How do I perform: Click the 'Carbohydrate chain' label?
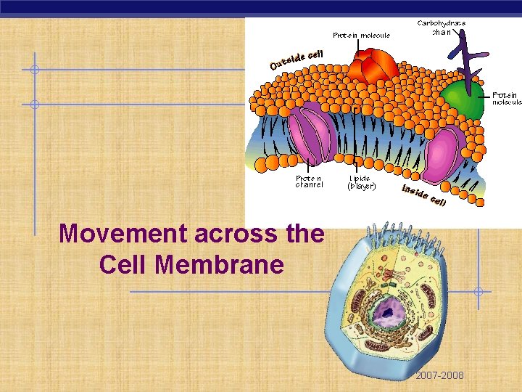click(442, 27)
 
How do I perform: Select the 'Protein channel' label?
click(309, 181)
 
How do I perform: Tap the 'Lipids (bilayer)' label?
click(361, 181)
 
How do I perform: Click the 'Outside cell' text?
click(296, 60)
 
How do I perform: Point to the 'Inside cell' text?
click(424, 194)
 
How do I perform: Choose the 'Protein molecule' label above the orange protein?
click(361, 35)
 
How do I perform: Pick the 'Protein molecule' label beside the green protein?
click(507, 98)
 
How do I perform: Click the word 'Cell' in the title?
click(124, 264)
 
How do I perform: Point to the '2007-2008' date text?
click(439, 375)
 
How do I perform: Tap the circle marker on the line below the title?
click(478, 292)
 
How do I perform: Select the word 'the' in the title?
click(304, 234)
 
